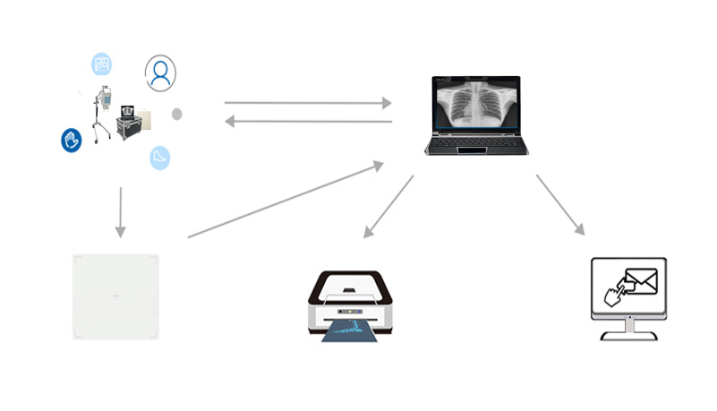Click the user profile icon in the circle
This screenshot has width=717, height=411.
(160, 73)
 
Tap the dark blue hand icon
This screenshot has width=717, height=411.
(72, 140)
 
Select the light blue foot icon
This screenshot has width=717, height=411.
(160, 157)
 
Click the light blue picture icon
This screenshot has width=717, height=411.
(102, 64)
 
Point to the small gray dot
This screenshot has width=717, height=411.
(176, 114)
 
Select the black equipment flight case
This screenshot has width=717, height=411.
(131, 124)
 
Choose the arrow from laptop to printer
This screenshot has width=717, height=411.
(388, 207)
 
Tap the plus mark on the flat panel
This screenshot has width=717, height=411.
(115, 295)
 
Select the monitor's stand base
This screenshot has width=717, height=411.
(627, 335)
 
